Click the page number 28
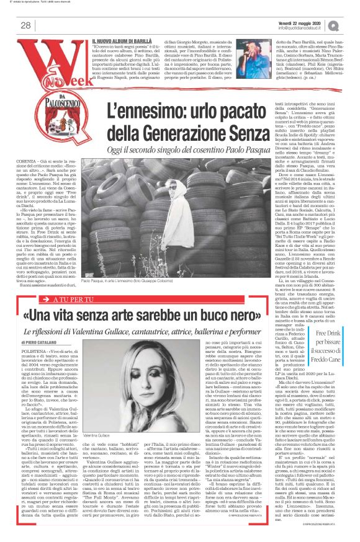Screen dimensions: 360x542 point(25,25)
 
